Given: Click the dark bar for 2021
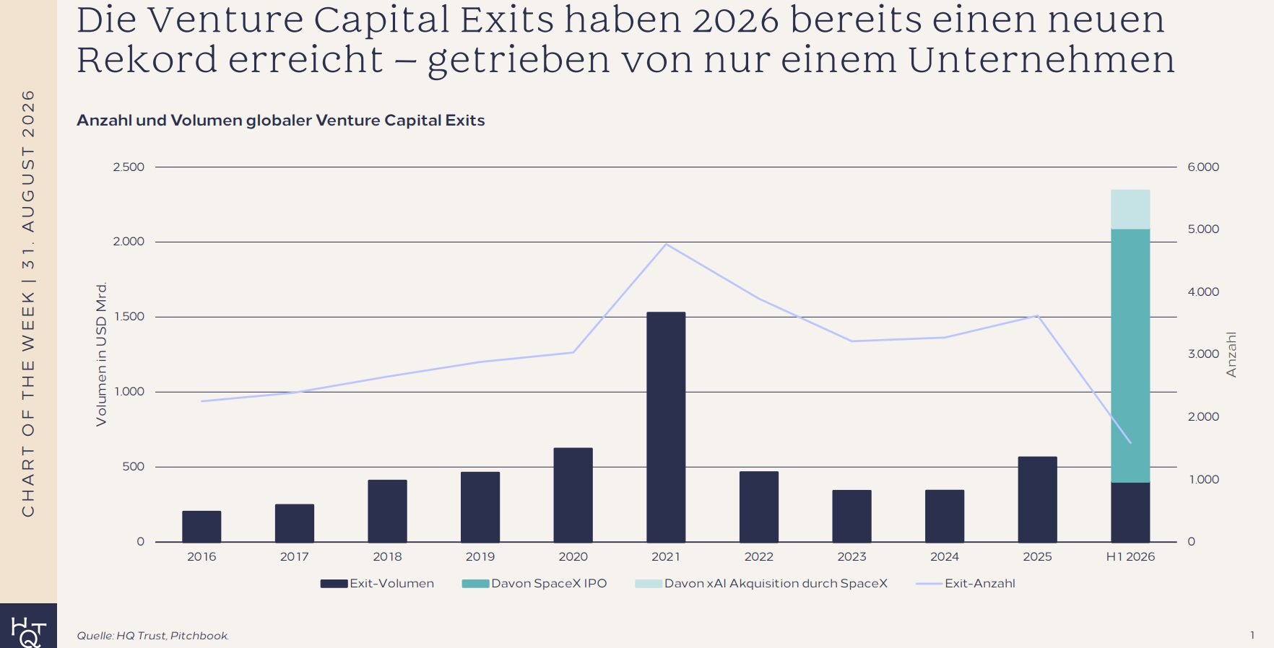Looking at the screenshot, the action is [x=666, y=426].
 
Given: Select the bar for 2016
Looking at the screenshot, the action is [x=201, y=526].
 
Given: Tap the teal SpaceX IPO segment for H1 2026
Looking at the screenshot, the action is [x=1130, y=356].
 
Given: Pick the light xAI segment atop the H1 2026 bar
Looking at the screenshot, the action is [x=1130, y=209].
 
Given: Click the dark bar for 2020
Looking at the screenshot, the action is [x=573, y=494].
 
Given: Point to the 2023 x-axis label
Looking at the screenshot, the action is [x=851, y=556].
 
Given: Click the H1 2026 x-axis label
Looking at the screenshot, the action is [x=1130, y=556].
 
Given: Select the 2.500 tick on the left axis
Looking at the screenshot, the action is [x=129, y=167].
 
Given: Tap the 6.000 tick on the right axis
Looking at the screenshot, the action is [x=1203, y=167].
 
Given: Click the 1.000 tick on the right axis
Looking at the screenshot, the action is [x=1203, y=479].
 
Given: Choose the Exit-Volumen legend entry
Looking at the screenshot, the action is [x=377, y=583].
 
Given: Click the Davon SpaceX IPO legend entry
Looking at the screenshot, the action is [x=534, y=583].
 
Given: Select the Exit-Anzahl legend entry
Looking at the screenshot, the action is [x=966, y=583].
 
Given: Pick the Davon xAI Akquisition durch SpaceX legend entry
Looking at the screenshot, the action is [x=761, y=583].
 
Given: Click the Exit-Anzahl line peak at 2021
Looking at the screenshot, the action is [x=666, y=244].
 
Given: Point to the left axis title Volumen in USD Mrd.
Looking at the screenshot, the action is [x=101, y=354].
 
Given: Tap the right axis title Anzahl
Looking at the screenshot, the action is [x=1231, y=354].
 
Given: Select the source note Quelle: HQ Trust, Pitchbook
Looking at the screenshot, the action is [x=153, y=636].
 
